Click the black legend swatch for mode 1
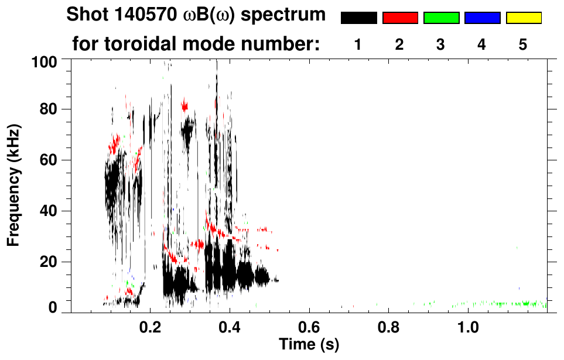[358, 18]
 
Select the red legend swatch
[400, 18]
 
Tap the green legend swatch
[441, 18]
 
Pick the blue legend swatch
[482, 18]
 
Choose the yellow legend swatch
[524, 18]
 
